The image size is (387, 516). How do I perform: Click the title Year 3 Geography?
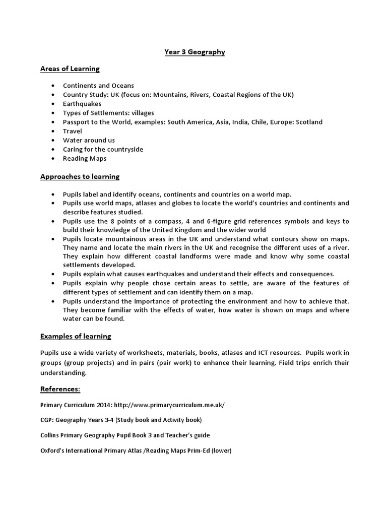point(195,51)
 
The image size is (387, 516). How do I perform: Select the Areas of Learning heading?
point(70,69)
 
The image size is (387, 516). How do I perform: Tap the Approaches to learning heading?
point(80,177)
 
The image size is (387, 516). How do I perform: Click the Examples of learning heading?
point(76,336)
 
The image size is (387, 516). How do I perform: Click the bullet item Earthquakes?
point(82,104)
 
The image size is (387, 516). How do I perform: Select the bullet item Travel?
point(72,131)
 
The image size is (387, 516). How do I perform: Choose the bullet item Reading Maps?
point(84,158)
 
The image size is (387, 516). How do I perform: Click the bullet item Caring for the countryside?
point(103,149)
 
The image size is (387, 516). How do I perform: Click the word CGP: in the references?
point(47,420)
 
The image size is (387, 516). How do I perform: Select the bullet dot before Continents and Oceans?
point(53,86)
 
